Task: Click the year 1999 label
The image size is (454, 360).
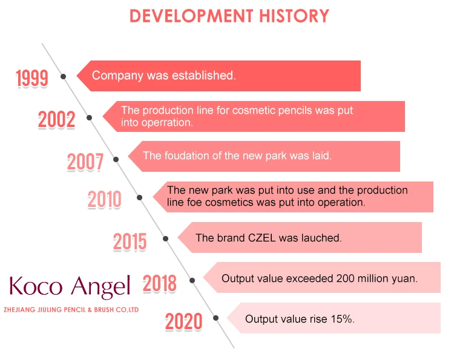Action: [x=32, y=78]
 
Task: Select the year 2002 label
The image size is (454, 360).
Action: [x=56, y=120]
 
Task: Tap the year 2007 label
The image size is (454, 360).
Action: [x=85, y=162]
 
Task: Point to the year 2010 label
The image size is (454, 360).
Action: [x=105, y=199]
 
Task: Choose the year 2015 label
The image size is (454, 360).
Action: [x=130, y=241]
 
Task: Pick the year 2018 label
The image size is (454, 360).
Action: [x=160, y=283]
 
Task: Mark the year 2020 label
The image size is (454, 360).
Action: [x=183, y=321]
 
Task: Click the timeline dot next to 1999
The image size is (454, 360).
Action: [x=63, y=76]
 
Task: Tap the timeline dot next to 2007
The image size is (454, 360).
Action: [x=116, y=160]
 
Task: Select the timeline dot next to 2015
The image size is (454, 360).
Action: [x=166, y=238]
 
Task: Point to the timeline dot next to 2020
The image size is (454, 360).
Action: [x=215, y=318]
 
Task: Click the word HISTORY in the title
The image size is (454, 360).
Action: [x=294, y=16]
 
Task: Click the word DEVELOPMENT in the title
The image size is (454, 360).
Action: [x=191, y=16]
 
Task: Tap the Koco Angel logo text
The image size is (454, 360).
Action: [x=70, y=286]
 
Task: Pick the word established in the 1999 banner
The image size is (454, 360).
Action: [x=204, y=76]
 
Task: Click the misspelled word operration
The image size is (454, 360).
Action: [x=167, y=123]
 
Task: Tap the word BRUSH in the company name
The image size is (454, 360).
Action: [x=104, y=310]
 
